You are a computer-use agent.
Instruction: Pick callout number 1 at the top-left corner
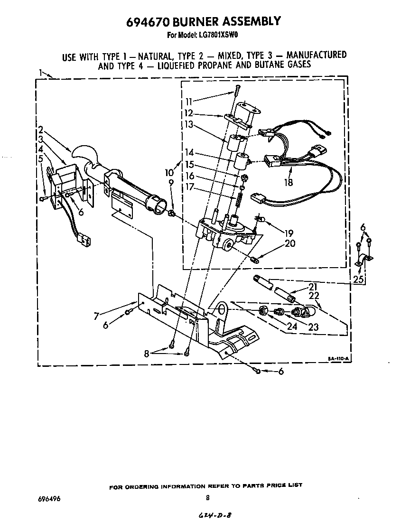point(41,73)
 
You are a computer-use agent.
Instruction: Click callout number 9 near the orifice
point(171,183)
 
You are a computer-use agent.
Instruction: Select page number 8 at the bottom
point(208,498)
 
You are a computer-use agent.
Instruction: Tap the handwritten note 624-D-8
point(214,515)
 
